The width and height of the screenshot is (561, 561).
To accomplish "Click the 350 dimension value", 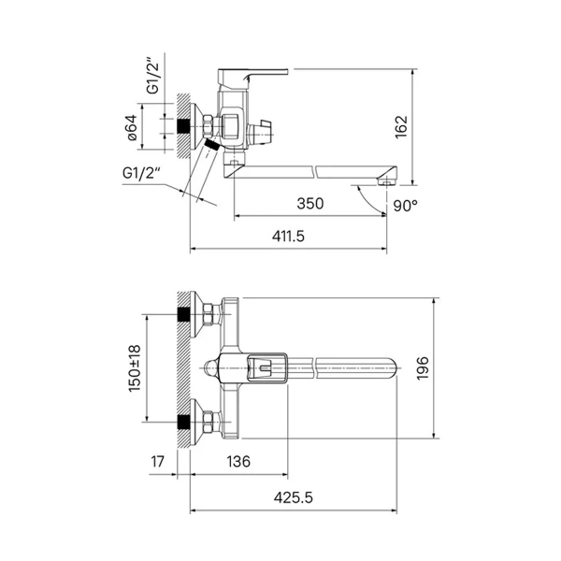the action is click(x=310, y=204).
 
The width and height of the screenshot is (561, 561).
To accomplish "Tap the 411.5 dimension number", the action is click(x=288, y=237).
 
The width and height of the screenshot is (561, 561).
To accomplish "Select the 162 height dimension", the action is click(x=401, y=126).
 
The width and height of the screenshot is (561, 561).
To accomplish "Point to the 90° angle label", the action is click(x=406, y=206).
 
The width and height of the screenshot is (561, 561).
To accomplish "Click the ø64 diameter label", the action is click(x=132, y=127).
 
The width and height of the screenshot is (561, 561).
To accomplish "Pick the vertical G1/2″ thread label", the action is click(x=152, y=78).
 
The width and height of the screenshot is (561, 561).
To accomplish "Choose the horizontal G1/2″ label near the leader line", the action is click(x=140, y=173).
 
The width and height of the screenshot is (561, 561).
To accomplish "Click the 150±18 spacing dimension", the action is click(x=135, y=368).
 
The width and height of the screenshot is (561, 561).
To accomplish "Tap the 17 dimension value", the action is click(x=157, y=462).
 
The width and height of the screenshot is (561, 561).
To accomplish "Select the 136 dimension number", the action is click(x=238, y=462).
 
